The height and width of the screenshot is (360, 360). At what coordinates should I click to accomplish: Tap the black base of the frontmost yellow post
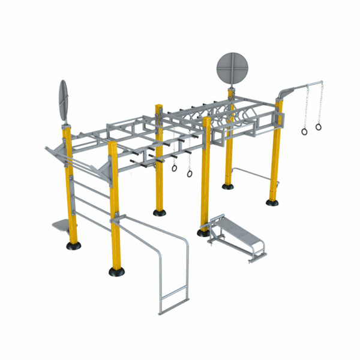117,271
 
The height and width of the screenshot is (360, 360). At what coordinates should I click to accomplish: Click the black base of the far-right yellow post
272,202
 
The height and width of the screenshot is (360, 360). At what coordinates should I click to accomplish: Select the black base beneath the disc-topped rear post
228,186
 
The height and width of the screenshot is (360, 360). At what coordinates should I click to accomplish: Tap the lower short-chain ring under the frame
190,174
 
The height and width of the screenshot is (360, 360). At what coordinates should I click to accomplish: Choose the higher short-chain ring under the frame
175,168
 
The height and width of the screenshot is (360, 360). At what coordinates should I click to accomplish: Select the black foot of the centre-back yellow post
159,212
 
